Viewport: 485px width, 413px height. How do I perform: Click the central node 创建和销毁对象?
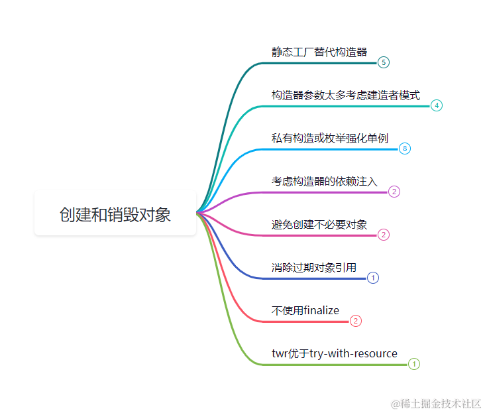click(115, 215)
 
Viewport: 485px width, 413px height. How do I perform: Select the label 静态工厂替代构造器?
click(319, 52)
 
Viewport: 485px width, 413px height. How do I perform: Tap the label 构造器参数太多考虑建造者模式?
click(345, 95)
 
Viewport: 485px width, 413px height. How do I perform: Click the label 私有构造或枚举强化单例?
click(329, 138)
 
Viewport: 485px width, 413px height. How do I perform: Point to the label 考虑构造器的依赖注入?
click(324, 181)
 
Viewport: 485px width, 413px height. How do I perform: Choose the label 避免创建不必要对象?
click(319, 224)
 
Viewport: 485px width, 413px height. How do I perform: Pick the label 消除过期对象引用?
click(313, 267)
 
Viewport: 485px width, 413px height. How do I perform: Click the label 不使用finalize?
click(305, 310)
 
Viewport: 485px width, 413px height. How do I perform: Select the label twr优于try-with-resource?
click(334, 353)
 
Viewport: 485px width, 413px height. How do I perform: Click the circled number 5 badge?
click(384, 62)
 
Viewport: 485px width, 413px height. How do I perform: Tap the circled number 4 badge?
click(437, 105)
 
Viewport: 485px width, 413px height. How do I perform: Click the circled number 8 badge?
click(405, 148)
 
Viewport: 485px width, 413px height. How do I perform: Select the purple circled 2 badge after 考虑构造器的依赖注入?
click(394, 192)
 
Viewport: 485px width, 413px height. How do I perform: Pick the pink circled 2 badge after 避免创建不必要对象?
click(384, 235)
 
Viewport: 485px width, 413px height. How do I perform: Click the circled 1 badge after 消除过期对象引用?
click(373, 278)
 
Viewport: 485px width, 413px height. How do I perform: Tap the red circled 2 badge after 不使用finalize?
click(356, 321)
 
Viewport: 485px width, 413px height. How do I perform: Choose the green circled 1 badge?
click(414, 364)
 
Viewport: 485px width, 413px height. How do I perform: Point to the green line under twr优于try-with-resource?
click(331, 364)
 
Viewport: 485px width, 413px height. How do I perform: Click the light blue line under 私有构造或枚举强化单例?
click(331, 148)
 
